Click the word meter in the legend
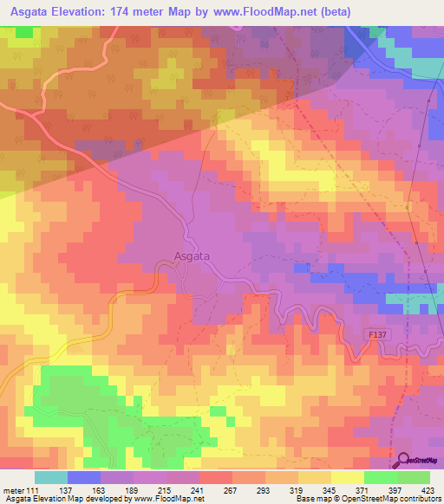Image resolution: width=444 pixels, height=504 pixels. [x=15, y=489]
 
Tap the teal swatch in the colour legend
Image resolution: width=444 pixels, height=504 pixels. [x=51, y=477]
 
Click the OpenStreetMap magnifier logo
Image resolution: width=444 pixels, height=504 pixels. [x=403, y=459]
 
